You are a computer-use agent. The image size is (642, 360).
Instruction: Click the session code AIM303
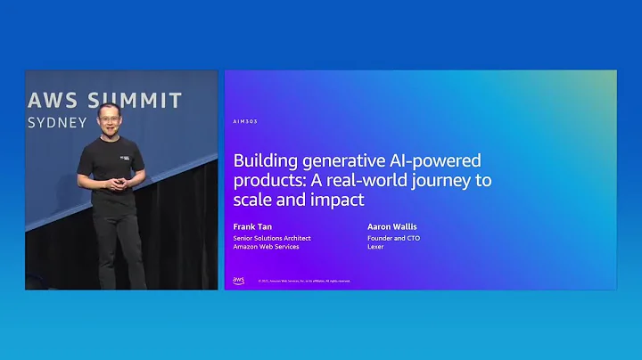(x=244, y=121)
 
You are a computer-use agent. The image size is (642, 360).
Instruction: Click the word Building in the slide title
(x=264, y=161)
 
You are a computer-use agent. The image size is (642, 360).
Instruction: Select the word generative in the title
(x=343, y=161)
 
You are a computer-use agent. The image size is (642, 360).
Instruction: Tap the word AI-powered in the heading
(x=436, y=161)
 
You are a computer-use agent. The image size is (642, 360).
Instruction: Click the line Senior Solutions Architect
(x=272, y=238)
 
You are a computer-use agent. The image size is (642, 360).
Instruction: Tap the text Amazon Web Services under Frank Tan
(x=267, y=247)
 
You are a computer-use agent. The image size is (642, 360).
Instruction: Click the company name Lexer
(x=374, y=247)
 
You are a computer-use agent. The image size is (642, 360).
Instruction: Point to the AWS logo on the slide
(x=238, y=280)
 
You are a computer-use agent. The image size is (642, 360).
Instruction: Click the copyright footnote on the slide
(x=304, y=281)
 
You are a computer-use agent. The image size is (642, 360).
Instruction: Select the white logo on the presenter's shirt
(x=122, y=154)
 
